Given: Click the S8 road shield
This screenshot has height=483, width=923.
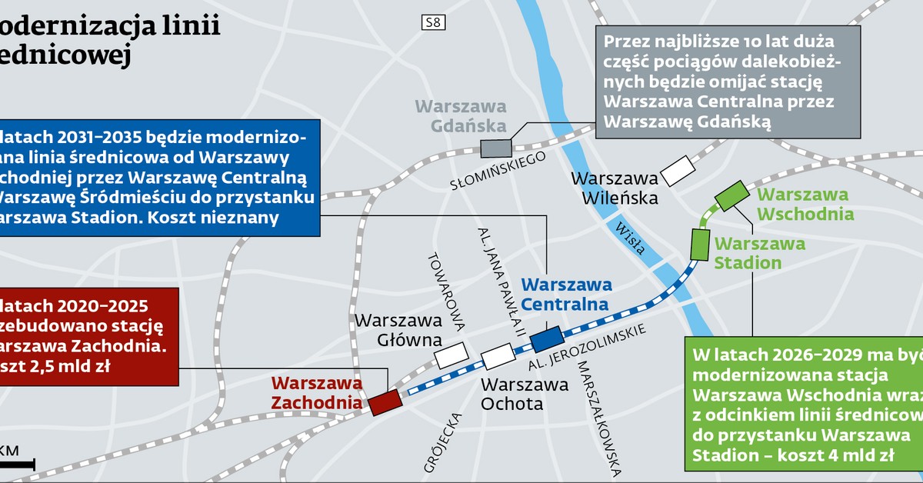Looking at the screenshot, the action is (x=433, y=23).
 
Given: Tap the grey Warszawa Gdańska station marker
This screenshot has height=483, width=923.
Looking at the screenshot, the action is (x=495, y=148).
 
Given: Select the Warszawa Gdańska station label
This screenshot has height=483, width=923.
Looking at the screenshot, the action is (x=461, y=116).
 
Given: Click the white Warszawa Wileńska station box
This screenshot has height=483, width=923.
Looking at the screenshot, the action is (x=678, y=170).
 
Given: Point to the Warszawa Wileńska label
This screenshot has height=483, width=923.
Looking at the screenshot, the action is (x=615, y=188).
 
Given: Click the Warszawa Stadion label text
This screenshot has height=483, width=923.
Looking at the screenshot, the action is (x=760, y=253).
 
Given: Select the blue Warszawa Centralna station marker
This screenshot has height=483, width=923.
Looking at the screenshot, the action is (x=547, y=339).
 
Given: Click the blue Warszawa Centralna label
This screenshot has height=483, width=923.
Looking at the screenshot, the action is (x=565, y=294).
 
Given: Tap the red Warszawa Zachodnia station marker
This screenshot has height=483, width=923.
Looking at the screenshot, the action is (x=384, y=402).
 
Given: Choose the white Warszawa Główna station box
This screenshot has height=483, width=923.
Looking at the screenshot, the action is (x=451, y=355).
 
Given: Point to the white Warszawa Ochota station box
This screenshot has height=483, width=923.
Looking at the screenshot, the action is (x=498, y=356).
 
